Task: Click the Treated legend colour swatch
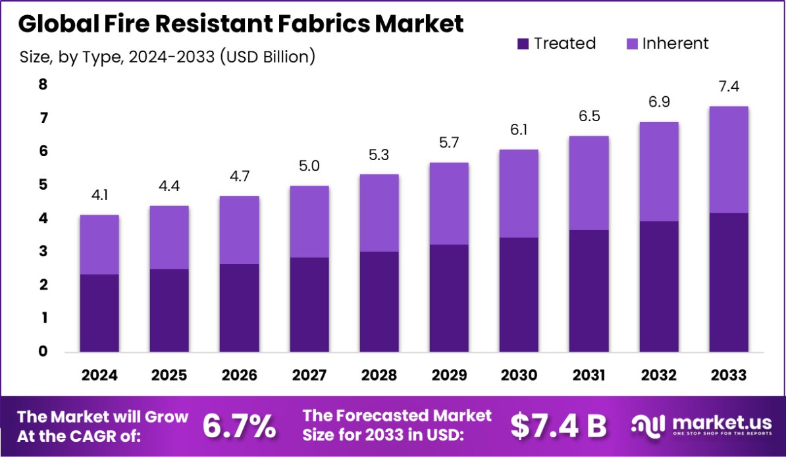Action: click(523, 44)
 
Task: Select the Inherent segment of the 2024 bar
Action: click(99, 244)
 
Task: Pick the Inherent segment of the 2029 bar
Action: click(449, 203)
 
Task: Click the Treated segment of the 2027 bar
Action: click(309, 304)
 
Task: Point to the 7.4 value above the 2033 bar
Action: click(729, 86)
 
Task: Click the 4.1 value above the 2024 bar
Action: click(99, 195)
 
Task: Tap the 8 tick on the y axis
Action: click(43, 84)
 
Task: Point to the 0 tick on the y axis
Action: click(43, 352)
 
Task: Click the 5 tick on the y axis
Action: click(43, 185)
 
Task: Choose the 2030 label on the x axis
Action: click(519, 375)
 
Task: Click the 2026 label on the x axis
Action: click(240, 375)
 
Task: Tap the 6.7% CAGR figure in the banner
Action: click(239, 426)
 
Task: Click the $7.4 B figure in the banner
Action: click(558, 426)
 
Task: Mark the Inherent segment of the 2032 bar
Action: click(659, 171)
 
